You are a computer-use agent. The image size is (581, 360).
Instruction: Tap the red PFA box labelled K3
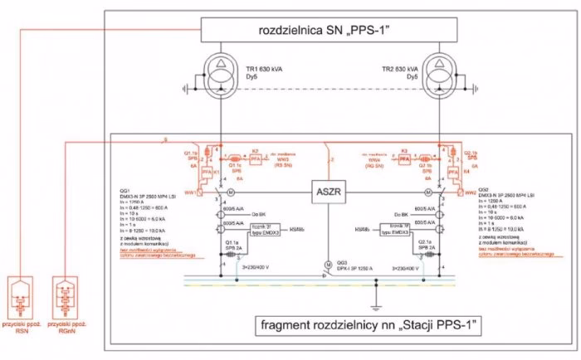(404, 156)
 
